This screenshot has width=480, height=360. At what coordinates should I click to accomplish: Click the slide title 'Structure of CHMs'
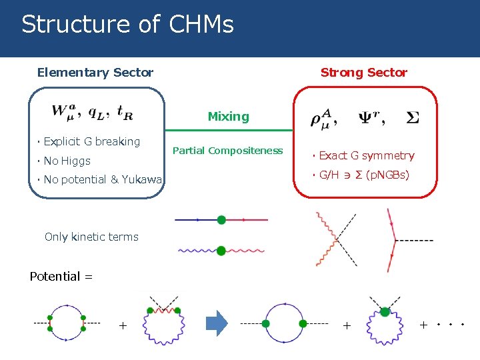coord(127,25)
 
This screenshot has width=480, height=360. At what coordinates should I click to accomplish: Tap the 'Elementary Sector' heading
coord(95,73)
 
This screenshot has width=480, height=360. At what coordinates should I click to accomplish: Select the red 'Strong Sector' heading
coord(363,73)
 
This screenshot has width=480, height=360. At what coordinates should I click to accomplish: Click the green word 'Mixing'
coord(228,117)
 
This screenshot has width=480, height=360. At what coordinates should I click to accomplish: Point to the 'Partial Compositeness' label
coord(227,151)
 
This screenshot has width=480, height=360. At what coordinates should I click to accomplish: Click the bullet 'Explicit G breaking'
coord(91,141)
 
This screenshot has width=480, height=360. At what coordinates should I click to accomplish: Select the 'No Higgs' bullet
coord(67,161)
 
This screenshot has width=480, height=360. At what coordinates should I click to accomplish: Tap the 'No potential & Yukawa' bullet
coord(102,179)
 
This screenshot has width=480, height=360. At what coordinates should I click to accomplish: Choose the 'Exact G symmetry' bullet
coord(366,156)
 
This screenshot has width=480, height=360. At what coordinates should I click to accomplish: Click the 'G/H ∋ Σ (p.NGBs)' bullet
coord(364,175)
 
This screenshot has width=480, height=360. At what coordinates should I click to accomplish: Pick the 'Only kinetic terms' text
coord(91,237)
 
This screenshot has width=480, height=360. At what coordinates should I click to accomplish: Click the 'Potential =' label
coord(61,277)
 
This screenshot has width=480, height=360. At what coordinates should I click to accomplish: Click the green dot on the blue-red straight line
coord(221,219)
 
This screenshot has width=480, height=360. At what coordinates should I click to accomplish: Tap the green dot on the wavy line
coord(221,251)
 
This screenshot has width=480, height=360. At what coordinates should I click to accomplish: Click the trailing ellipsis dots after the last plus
coord(450,326)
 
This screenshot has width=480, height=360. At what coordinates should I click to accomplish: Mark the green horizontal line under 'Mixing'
coord(228,130)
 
